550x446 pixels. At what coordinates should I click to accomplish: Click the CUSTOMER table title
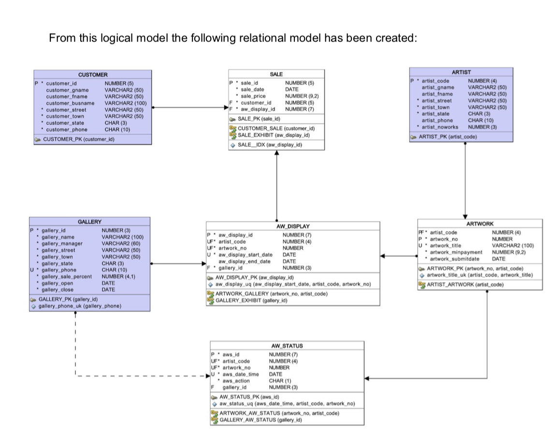[x=93, y=75]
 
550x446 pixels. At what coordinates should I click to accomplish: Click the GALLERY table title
[x=90, y=222]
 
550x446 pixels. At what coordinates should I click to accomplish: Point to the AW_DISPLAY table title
[x=293, y=226]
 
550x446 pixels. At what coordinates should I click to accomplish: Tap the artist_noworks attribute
[x=440, y=127]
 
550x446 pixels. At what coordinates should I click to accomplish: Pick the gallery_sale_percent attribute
[x=68, y=277]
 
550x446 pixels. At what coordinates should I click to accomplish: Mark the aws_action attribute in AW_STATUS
[x=236, y=381]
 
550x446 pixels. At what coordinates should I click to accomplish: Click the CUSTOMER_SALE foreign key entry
[x=276, y=128]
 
